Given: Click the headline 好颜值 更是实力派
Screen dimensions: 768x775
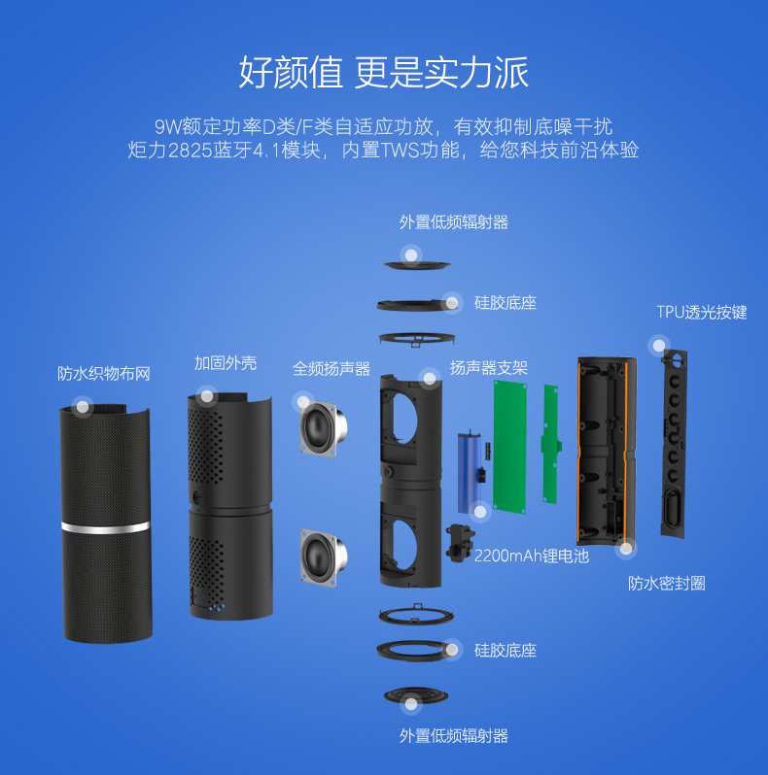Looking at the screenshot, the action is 384,72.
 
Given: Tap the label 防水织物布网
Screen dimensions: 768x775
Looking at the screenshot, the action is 104,374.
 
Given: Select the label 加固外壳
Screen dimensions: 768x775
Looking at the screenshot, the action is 226,363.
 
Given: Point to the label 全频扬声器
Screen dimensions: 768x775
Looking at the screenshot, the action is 332,369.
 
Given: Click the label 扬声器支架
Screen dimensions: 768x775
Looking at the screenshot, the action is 488,368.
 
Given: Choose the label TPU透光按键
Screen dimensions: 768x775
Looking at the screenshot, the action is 702,313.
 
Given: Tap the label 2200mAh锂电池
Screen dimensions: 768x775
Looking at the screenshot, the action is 532,556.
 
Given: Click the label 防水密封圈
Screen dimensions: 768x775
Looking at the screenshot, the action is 667,584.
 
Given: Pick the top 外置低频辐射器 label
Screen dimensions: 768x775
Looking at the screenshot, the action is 454,222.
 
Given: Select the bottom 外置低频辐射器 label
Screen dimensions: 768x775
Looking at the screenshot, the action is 454,736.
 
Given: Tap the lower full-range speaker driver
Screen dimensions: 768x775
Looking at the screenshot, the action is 323,556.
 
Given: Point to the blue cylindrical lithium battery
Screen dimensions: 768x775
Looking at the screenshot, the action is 469,472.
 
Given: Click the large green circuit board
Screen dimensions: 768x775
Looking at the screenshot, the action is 509,448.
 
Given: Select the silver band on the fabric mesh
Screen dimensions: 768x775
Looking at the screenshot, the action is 105,527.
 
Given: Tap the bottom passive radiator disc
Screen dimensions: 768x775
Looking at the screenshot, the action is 416,696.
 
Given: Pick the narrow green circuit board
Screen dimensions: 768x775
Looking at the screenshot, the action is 550,444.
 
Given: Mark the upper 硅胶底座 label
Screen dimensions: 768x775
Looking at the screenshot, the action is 506,303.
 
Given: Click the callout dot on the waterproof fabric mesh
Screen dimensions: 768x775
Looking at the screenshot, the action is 82,407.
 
